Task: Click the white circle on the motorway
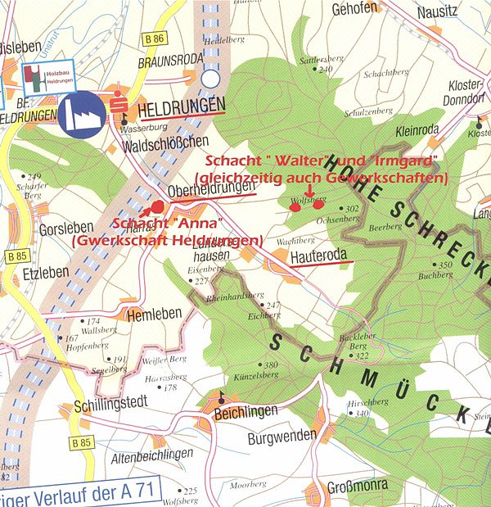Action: tap(212, 79)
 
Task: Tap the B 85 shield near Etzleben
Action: tap(16, 256)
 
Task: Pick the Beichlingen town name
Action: tap(245, 410)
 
